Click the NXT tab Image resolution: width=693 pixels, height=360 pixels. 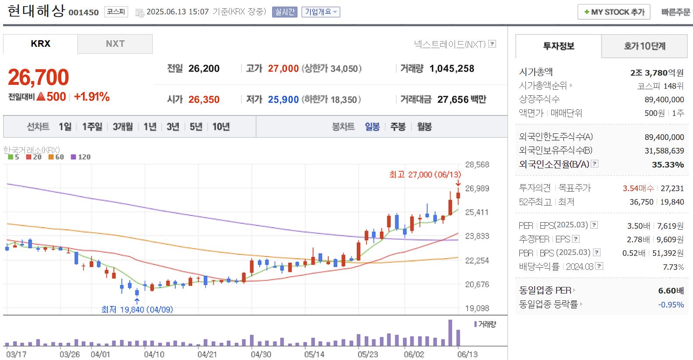click(x=115, y=44)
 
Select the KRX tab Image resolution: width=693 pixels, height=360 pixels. click(x=41, y=44)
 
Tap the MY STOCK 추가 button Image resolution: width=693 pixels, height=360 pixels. click(x=614, y=12)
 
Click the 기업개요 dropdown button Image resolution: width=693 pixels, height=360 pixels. click(x=321, y=12)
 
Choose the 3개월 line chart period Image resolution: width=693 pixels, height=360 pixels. click(x=122, y=127)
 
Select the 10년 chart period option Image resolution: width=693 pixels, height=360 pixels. click(x=221, y=127)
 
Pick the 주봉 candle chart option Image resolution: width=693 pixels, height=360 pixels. click(x=398, y=127)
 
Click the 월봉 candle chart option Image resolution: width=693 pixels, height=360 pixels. click(x=424, y=127)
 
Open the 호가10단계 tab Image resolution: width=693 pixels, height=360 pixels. click(x=644, y=46)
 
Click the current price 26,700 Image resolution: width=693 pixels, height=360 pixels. click(x=38, y=77)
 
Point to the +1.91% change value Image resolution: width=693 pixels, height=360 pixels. click(x=92, y=97)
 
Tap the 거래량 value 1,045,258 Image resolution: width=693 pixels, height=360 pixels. click(x=451, y=69)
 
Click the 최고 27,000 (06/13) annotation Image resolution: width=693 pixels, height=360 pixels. click(x=425, y=175)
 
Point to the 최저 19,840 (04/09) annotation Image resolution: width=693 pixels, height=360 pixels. click(x=137, y=310)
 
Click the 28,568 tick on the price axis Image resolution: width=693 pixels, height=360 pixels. click(x=477, y=165)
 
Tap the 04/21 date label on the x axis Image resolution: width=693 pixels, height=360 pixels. click(x=207, y=354)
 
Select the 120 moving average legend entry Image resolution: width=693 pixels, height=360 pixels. click(x=81, y=157)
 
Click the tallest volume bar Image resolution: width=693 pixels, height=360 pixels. click(x=450, y=333)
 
